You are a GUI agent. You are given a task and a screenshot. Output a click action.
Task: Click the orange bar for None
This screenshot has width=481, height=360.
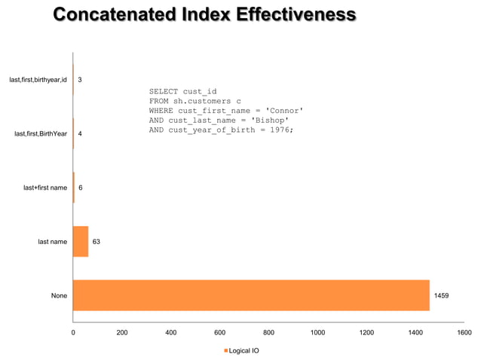click(x=251, y=295)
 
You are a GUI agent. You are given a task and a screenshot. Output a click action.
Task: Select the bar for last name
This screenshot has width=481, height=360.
click(x=81, y=242)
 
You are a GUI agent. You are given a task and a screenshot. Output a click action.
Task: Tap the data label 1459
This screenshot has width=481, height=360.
click(x=441, y=296)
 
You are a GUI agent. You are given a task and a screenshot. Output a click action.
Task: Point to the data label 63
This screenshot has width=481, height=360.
click(x=97, y=242)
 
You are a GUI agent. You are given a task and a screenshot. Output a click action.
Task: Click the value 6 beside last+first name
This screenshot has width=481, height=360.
click(x=81, y=188)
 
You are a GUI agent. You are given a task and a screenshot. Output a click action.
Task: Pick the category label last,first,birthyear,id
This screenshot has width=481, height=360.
click(x=38, y=79)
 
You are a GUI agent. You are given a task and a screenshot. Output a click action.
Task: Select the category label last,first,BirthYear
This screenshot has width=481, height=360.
click(x=41, y=133)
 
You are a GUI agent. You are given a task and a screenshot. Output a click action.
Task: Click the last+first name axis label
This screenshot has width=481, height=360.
click(x=45, y=188)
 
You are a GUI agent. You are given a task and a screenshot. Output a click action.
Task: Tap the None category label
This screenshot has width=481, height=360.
click(x=59, y=296)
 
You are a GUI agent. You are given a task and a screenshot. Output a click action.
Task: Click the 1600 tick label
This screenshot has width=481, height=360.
click(x=464, y=332)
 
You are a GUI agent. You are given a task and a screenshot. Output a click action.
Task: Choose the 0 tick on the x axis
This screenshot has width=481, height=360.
click(x=73, y=332)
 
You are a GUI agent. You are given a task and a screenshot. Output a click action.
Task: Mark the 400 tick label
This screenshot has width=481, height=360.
click(x=170, y=332)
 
